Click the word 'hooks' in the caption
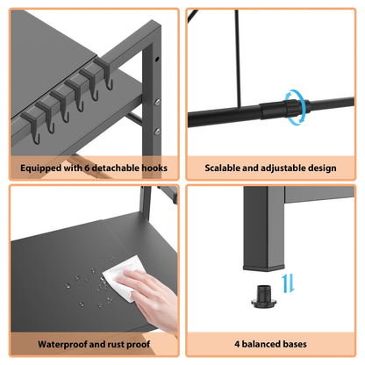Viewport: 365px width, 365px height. [x=154, y=168]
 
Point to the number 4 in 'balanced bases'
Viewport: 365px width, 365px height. [x=237, y=344]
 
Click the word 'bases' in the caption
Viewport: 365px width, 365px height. [x=295, y=344]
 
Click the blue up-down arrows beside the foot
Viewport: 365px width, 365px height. [x=288, y=283]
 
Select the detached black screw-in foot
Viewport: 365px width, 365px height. [x=263, y=297]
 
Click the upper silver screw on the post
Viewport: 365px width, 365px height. [x=157, y=102]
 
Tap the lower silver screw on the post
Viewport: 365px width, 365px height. [x=157, y=132]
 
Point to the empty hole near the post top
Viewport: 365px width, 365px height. [x=157, y=59]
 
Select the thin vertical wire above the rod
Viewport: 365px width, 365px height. [x=239, y=59]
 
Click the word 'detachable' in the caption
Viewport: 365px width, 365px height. [x=116, y=168]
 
